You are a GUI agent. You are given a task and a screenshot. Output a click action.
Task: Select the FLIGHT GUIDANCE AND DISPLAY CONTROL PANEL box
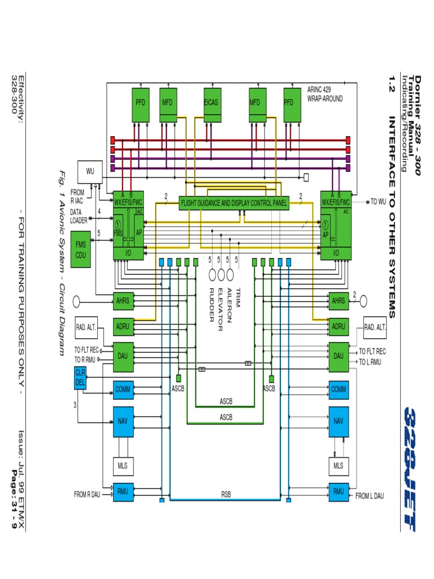point(233,202)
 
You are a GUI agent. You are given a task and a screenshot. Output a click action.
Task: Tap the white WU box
point(90,171)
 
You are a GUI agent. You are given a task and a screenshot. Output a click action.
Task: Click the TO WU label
point(377,201)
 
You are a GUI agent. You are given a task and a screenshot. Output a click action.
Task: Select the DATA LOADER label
point(79,216)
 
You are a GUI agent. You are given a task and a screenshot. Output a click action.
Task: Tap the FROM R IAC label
point(77,196)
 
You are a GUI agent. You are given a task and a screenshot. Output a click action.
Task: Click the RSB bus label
point(225,494)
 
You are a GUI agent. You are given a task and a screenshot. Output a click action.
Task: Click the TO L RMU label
point(371,361)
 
